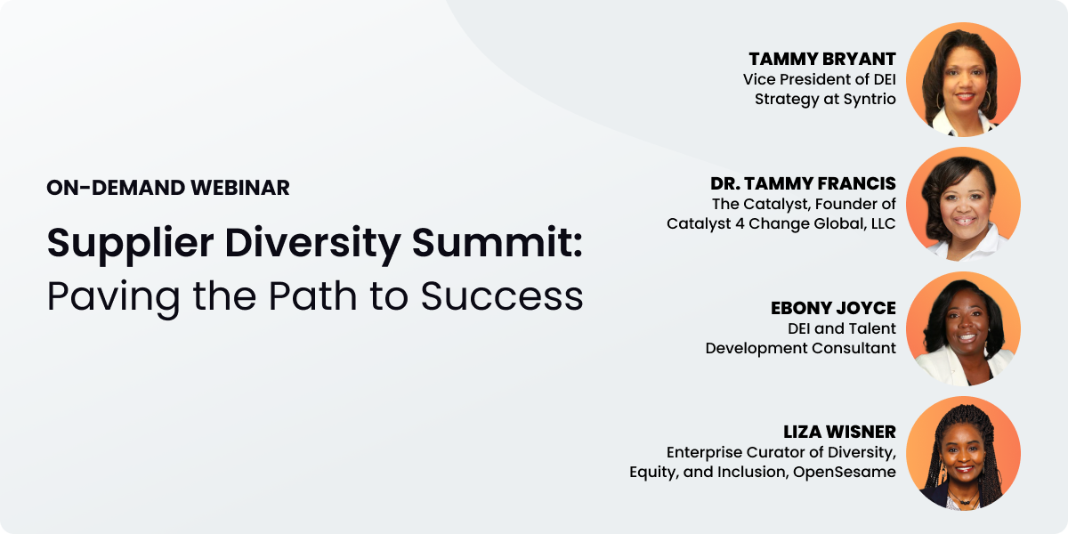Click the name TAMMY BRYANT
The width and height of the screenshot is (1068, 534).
822,59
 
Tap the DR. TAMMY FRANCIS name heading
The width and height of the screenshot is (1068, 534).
803,183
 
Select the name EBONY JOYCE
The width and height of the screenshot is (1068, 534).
833,308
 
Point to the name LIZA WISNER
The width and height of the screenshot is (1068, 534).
839,432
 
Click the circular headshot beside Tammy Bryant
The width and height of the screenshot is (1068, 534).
963,79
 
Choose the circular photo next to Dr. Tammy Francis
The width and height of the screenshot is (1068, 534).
963,204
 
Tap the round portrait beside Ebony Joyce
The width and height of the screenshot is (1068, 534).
963,328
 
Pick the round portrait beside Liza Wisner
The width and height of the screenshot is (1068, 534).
963,453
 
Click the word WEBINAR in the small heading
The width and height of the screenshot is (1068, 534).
240,188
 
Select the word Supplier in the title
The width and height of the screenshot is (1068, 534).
130,244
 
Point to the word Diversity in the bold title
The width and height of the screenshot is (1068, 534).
312,244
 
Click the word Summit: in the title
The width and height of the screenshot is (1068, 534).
498,242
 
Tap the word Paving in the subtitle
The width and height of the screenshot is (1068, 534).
114,297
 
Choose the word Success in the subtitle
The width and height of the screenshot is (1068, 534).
502,296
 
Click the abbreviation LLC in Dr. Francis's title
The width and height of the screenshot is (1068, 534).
883,223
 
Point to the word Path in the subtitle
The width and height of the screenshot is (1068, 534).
312,295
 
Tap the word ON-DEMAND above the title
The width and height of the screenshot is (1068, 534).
116,188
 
